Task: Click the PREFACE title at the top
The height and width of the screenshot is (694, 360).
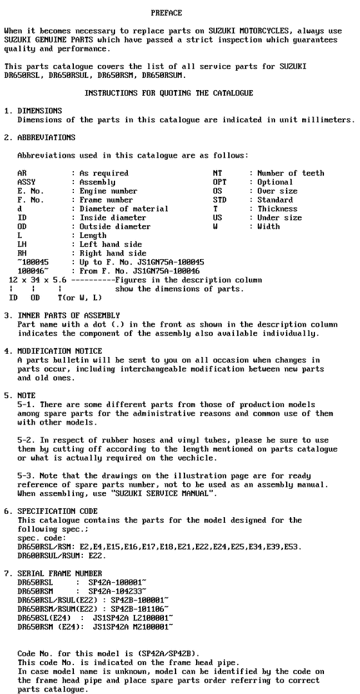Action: click(166, 13)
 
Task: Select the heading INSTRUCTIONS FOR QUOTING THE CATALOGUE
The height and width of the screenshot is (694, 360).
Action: click(168, 93)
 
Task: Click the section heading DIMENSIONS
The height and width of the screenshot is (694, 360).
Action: click(40, 111)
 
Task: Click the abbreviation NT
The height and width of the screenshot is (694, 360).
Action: click(217, 173)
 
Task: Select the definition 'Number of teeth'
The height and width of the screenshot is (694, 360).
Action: click(291, 173)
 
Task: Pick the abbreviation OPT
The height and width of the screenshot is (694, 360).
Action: click(219, 182)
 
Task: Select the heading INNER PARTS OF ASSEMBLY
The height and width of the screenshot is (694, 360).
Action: click(69, 315)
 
